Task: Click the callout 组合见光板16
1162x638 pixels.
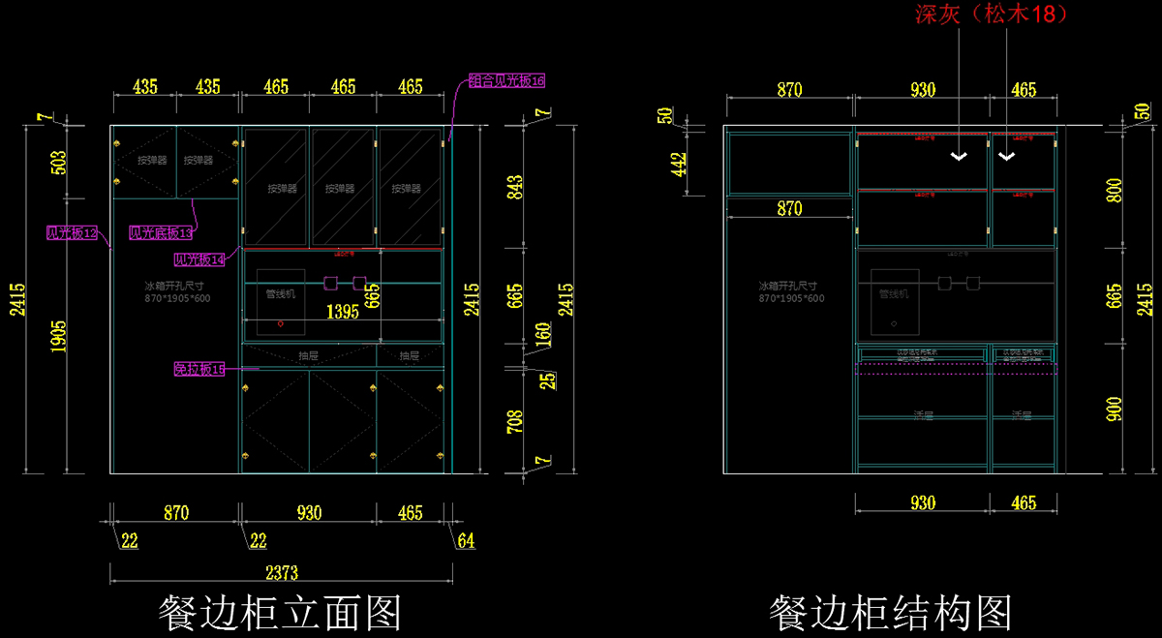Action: (x=507, y=80)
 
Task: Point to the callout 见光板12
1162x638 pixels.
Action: (x=73, y=233)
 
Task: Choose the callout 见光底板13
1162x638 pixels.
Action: (x=162, y=233)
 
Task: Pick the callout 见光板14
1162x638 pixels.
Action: (x=199, y=259)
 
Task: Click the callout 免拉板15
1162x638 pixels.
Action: (x=199, y=369)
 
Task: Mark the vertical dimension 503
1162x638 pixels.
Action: (x=58, y=162)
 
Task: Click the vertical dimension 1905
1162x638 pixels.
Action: (x=58, y=337)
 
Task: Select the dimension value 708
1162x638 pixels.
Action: (x=514, y=421)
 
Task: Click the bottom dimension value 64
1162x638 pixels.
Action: (x=466, y=540)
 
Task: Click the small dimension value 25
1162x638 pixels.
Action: (x=548, y=381)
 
